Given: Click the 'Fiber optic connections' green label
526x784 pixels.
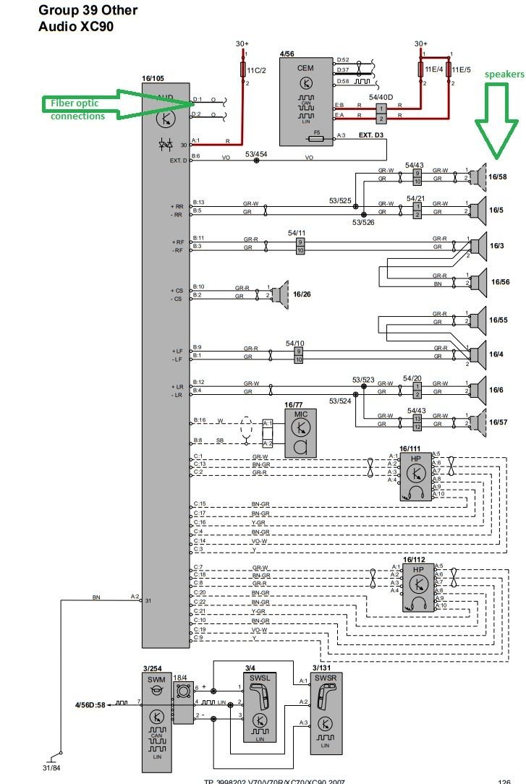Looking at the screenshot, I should coord(77,110).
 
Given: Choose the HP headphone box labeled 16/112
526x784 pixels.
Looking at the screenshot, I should coord(418,587).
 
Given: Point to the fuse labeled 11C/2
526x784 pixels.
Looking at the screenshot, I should coord(255,70).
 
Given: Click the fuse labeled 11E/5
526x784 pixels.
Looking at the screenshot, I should coord(460,70).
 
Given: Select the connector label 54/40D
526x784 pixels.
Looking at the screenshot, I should coord(381,97).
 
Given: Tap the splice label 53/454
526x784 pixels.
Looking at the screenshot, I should coord(256,153).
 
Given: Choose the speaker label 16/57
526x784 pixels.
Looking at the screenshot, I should coord(498,422).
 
